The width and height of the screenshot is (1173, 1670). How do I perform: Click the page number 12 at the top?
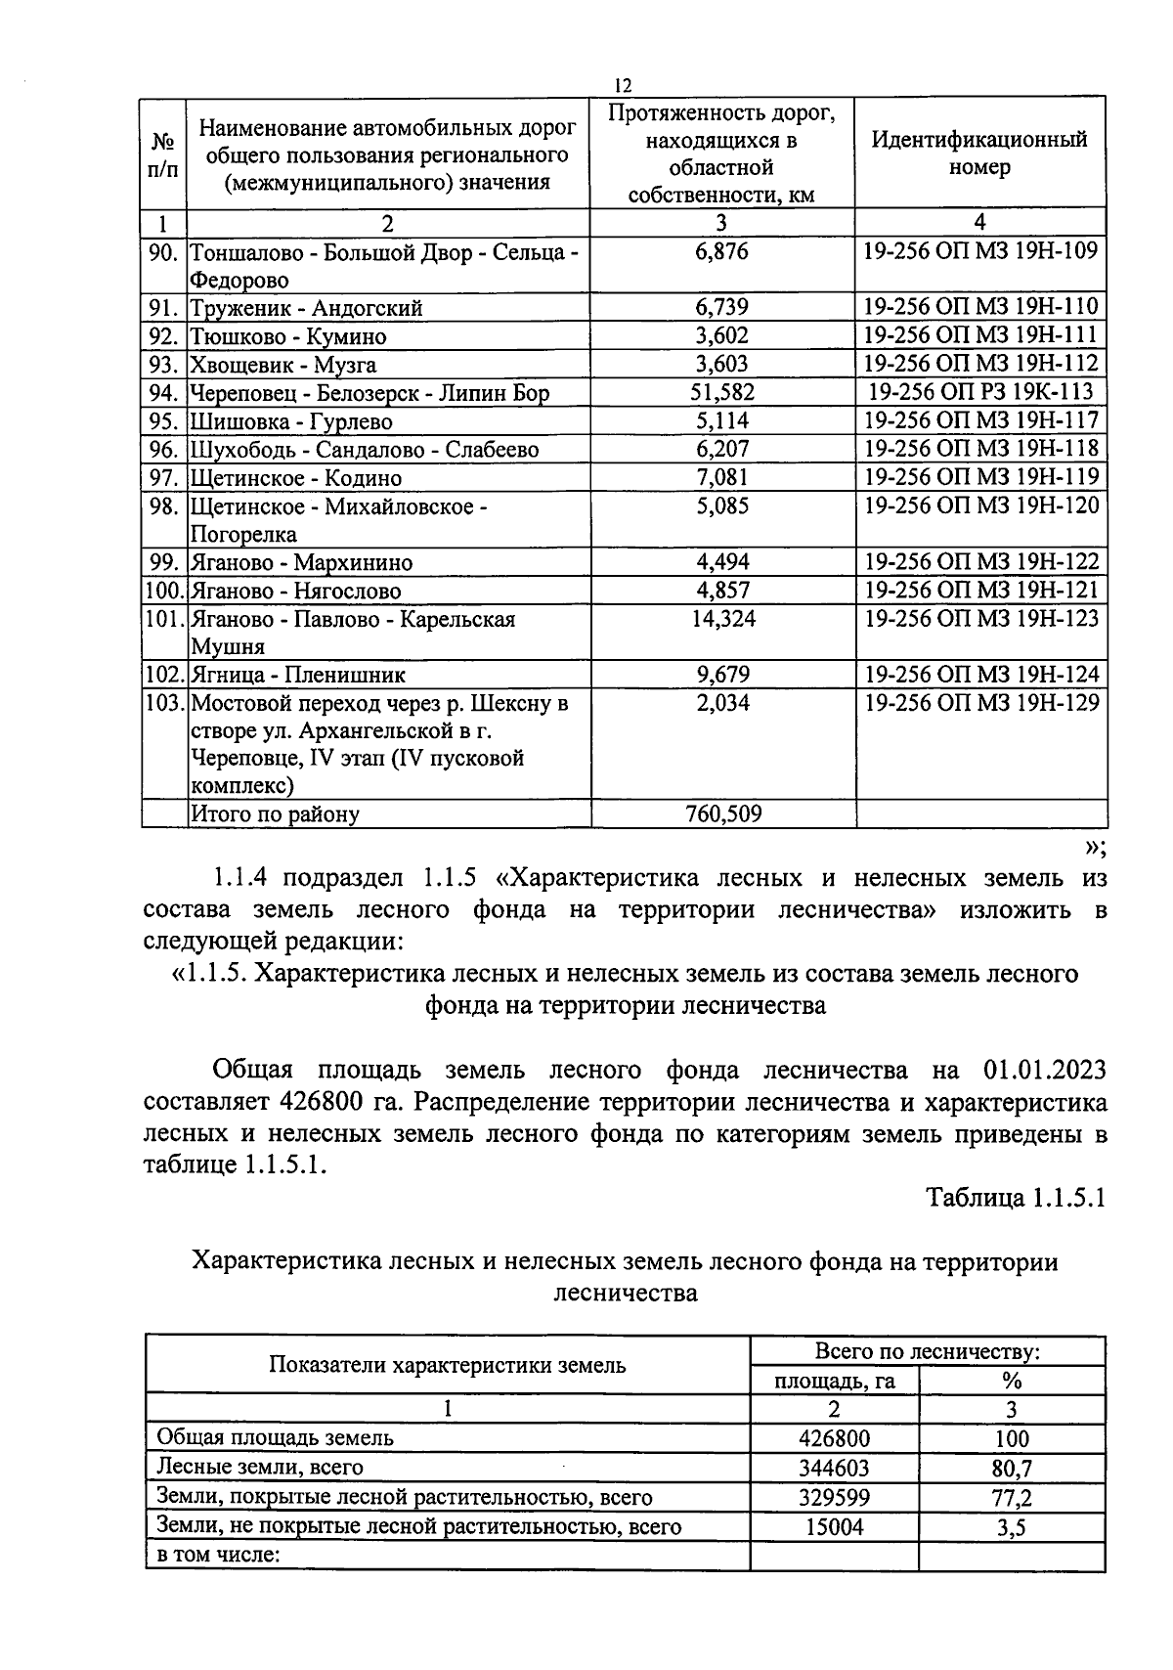pos(625,86)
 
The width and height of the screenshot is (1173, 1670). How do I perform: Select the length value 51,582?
pos(722,393)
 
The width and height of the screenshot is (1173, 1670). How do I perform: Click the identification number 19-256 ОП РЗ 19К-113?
pos(980,393)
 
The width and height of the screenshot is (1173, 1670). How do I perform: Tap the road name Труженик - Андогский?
pos(306,309)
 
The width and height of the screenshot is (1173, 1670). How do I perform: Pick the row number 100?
pos(163,592)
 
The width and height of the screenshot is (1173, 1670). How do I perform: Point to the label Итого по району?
pos(275,814)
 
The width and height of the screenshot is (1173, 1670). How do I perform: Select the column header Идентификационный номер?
pos(979,153)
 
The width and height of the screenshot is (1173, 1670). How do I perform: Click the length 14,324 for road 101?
pos(722,620)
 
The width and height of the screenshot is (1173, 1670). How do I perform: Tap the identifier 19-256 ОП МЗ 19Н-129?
pos(981,704)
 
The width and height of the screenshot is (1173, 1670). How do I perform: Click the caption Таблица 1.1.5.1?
pos(1015,1199)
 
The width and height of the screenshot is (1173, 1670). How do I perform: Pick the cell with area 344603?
pos(834,1468)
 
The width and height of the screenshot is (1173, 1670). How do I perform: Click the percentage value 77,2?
pos(1011,1498)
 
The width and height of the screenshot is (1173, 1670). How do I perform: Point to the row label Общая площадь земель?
pos(276,1437)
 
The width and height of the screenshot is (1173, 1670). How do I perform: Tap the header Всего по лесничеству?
pos(927,1352)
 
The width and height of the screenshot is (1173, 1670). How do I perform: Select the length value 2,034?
pos(722,704)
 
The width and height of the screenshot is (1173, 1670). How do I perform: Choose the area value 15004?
pos(834,1526)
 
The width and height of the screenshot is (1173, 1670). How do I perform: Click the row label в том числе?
pos(219,1555)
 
